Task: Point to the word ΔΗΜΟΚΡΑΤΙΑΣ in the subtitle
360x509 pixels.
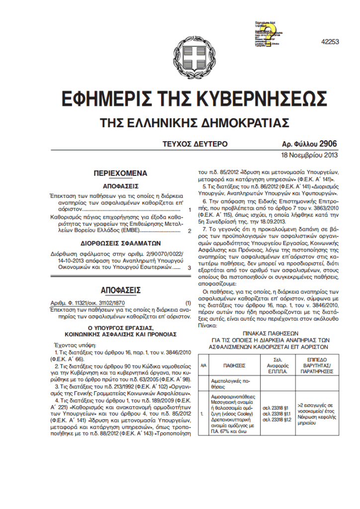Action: [245, 122]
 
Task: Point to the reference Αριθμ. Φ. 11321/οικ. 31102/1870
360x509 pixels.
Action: [90, 303]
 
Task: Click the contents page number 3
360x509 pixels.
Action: [189, 267]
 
